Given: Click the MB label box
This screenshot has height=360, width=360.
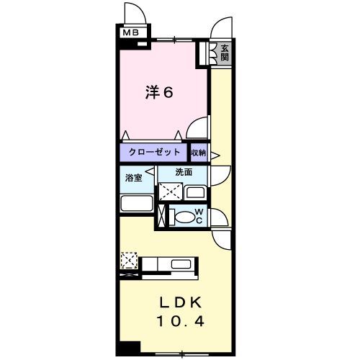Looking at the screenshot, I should [x=130, y=32].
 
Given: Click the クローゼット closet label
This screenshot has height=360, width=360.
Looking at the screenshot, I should [x=154, y=153].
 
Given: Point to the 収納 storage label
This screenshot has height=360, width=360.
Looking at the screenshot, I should [x=199, y=153].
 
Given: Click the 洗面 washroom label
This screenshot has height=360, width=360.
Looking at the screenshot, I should [x=184, y=172].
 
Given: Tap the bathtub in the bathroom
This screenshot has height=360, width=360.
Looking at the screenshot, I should [x=137, y=202].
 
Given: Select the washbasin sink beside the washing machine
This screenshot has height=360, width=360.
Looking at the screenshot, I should [x=194, y=192].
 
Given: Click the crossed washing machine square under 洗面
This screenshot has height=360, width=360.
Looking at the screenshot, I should [x=170, y=192].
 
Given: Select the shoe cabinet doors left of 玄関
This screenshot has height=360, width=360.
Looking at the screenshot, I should [x=213, y=53].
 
